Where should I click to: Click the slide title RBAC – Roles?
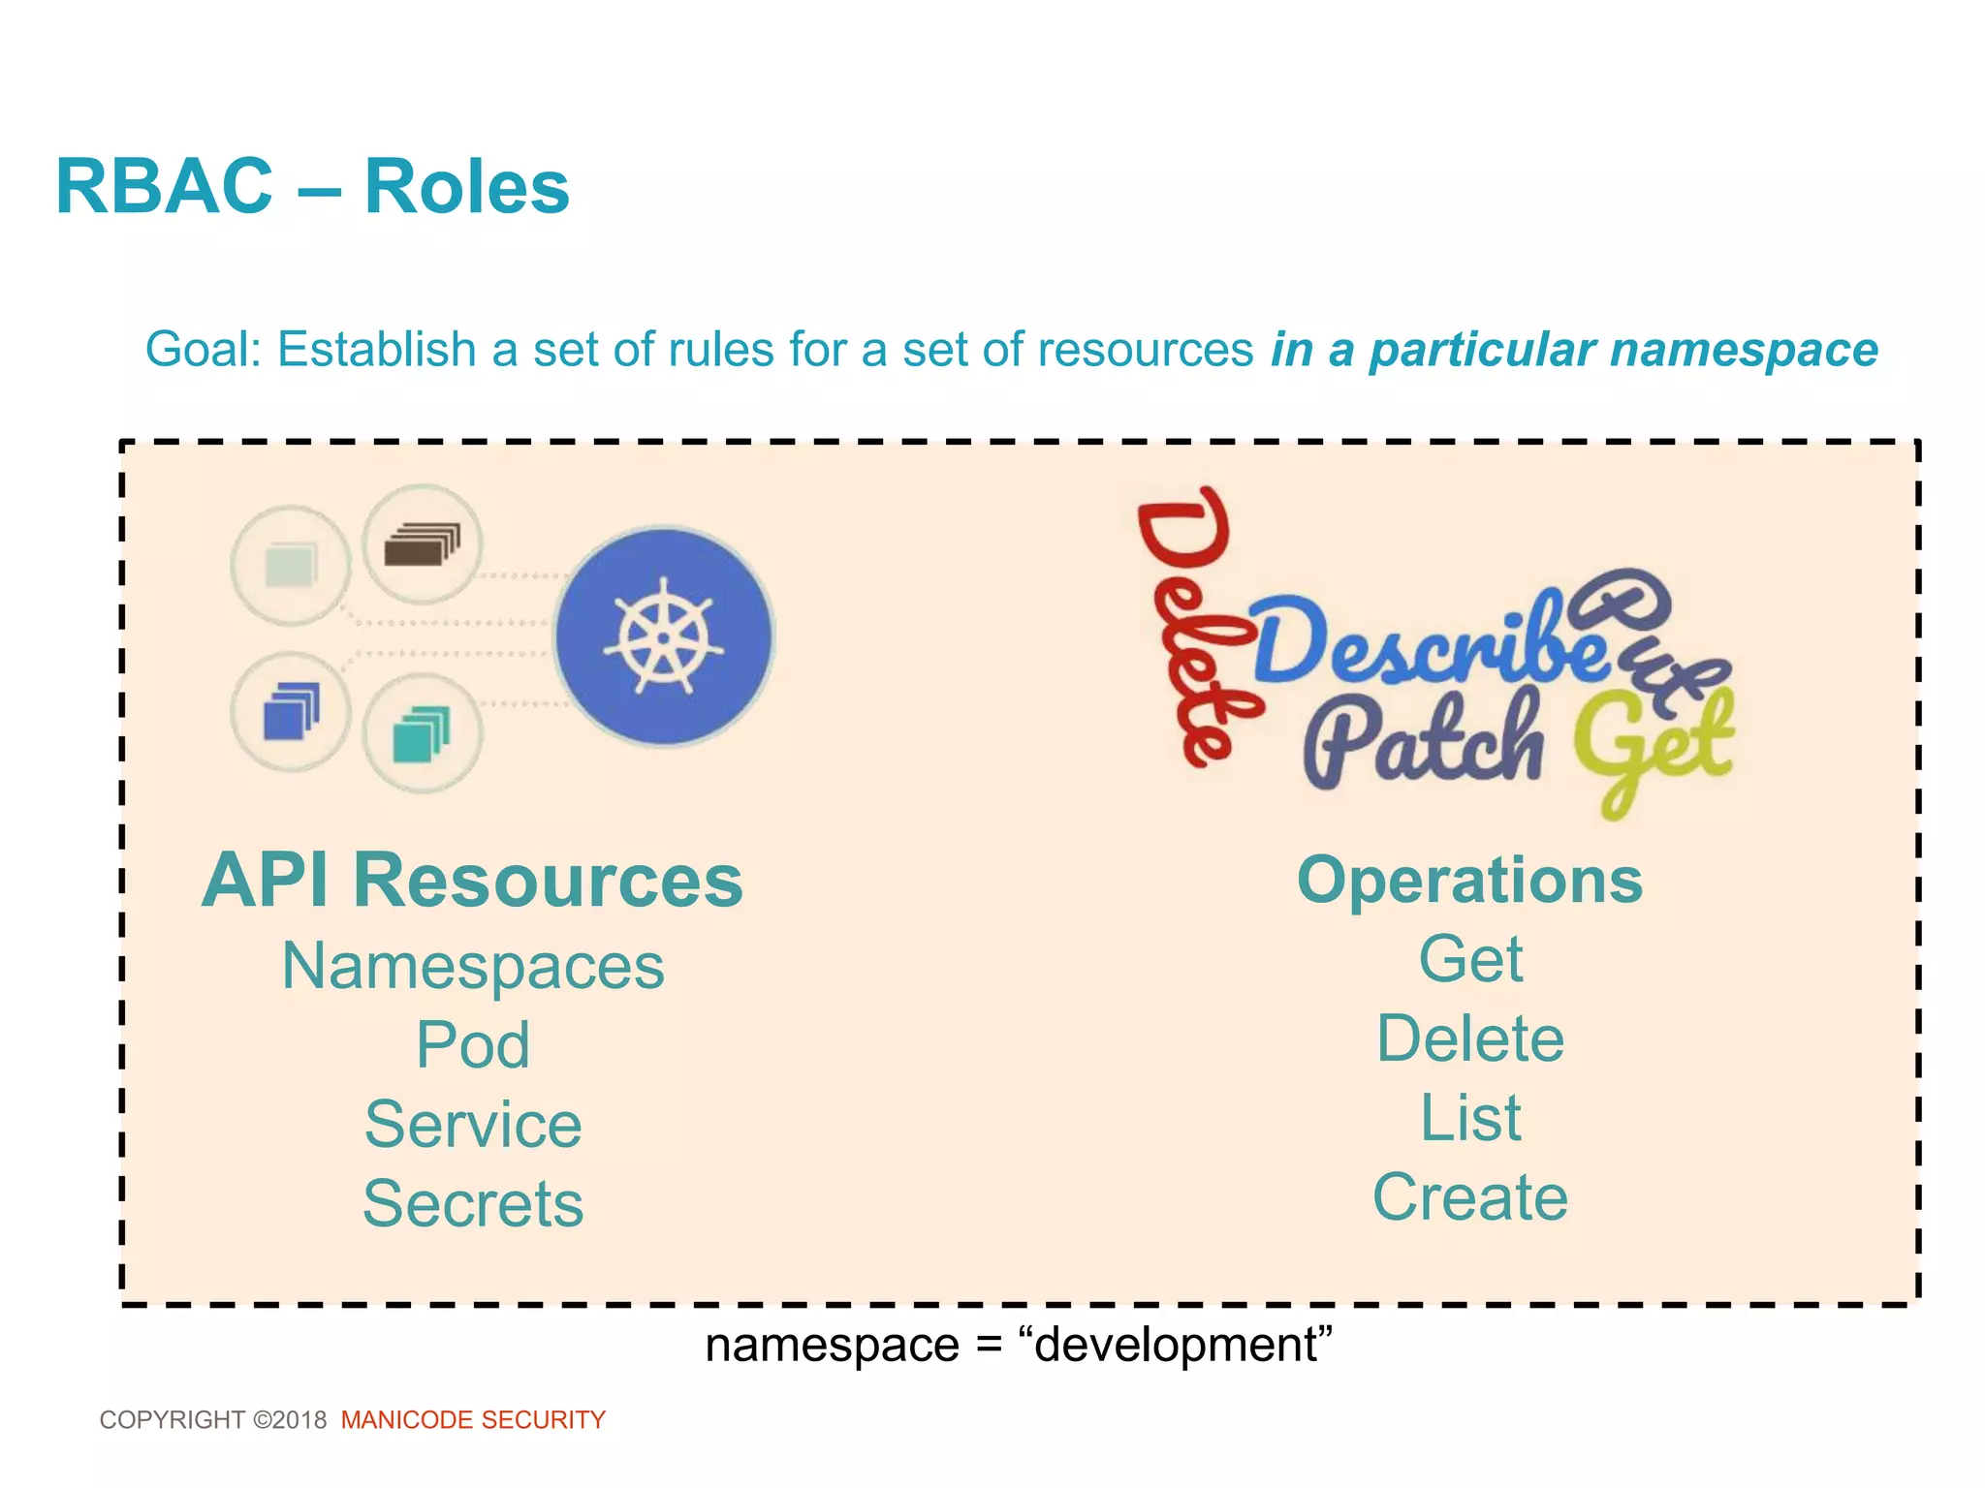click(x=312, y=186)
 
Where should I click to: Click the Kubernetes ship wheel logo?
click(x=664, y=636)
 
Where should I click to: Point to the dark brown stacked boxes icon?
click(x=422, y=544)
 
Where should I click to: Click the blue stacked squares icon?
click(x=291, y=711)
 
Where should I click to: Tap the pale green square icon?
click(x=291, y=565)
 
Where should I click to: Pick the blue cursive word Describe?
click(x=1425, y=644)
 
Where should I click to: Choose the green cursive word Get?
click(x=1653, y=746)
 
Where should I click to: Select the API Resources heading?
click(x=472, y=881)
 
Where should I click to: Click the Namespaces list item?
click(x=473, y=966)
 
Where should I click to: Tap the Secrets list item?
click(x=473, y=1203)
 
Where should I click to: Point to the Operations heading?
click(x=1469, y=881)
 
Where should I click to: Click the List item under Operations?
click(x=1469, y=1118)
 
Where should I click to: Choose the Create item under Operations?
click(x=1469, y=1197)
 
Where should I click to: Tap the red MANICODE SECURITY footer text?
click(x=473, y=1419)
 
